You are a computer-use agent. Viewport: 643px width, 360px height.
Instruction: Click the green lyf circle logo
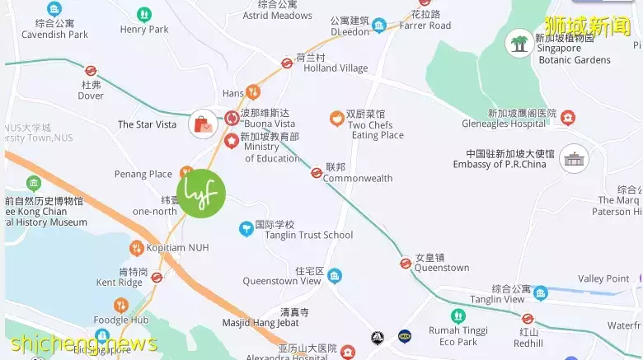coord(201,194)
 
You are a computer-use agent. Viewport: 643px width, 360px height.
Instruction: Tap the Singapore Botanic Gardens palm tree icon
coord(519,43)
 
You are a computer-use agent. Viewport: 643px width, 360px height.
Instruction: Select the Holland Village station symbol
coord(287,63)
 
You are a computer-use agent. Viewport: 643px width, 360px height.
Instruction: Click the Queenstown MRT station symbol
coord(406,264)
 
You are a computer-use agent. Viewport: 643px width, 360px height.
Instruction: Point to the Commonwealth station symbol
coord(316,173)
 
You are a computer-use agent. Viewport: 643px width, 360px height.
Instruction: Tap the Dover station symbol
coord(91,71)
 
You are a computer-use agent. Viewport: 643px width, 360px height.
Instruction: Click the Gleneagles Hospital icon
coord(567,118)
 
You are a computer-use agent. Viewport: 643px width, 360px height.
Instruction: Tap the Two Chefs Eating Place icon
coord(336,119)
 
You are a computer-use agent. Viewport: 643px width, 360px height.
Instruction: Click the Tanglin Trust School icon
coord(245,229)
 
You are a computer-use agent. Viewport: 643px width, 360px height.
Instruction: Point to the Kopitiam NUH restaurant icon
coord(136,248)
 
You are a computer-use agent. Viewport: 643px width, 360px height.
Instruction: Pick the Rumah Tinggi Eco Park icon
coord(458,316)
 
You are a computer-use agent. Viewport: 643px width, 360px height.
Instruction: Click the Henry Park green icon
coord(144,14)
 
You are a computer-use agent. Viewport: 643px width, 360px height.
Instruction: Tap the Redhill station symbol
coord(528,319)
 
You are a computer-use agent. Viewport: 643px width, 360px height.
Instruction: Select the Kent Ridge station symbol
coord(157,278)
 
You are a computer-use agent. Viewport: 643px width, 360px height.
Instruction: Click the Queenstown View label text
coord(282,281)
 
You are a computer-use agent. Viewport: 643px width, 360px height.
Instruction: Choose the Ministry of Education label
coord(272,152)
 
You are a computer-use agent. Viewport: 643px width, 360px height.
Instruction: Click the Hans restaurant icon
coord(253,93)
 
